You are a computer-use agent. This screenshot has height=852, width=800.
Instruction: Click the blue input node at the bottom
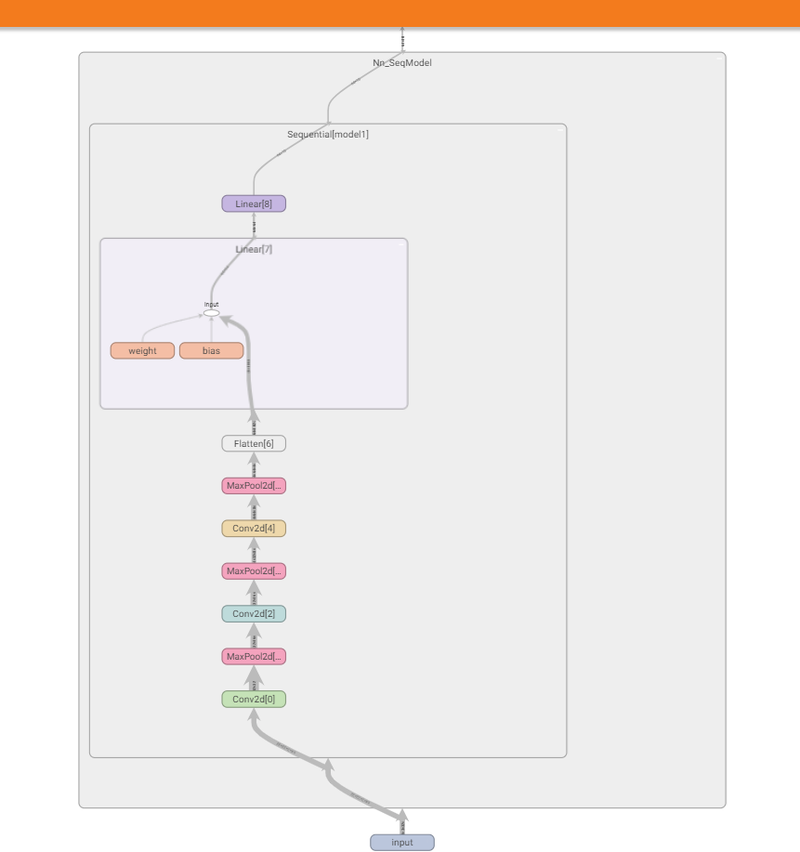point(402,843)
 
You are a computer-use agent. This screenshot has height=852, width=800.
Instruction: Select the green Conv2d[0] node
point(254,700)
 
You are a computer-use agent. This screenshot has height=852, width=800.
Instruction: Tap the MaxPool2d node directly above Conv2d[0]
point(254,657)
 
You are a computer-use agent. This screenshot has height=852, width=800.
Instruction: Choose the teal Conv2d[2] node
point(254,614)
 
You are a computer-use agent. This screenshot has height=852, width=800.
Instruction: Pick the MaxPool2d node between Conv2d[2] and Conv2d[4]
point(254,571)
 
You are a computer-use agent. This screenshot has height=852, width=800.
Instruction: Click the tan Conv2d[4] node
point(254,529)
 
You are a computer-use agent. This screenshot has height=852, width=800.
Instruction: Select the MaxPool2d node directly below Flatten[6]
point(254,486)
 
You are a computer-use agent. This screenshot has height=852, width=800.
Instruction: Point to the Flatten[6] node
point(254,444)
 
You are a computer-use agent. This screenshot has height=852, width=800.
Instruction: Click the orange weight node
point(142,351)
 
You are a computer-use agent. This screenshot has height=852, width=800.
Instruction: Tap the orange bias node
point(211,351)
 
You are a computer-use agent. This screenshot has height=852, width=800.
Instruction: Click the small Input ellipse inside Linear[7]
point(211,313)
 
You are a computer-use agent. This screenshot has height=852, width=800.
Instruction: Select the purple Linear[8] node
point(254,203)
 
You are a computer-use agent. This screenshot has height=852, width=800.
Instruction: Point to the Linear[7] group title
point(254,249)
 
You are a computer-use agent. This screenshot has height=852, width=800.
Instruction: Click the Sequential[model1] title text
point(328,135)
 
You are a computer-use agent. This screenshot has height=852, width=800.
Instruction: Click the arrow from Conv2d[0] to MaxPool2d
point(254,678)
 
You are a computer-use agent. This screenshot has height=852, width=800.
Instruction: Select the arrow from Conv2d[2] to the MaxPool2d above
point(254,593)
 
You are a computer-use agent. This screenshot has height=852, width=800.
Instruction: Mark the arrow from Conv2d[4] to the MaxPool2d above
point(254,507)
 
